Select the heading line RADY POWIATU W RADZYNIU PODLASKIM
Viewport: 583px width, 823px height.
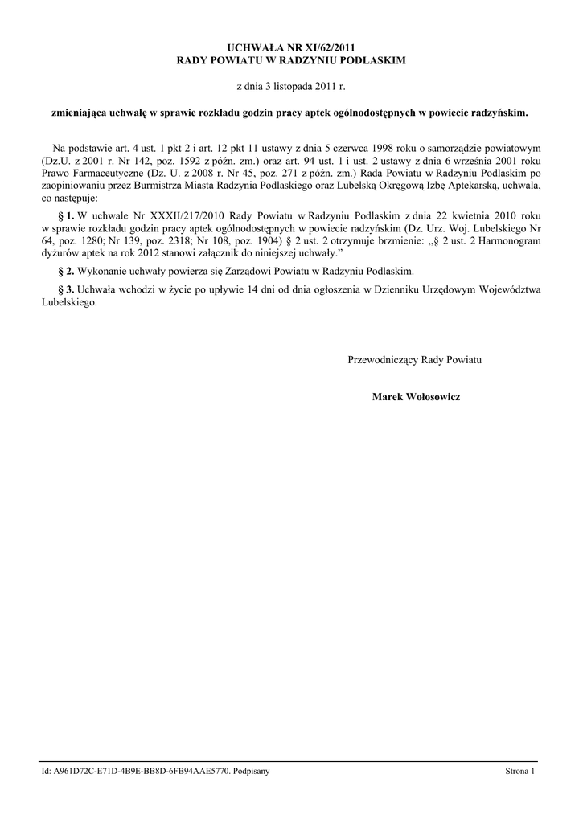click(291, 60)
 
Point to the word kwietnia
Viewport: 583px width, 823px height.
click(461, 216)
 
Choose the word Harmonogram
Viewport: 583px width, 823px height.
click(512, 240)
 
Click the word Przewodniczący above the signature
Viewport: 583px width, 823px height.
click(384, 360)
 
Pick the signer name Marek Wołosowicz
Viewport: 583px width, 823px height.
click(416, 397)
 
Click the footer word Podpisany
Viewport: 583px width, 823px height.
click(251, 772)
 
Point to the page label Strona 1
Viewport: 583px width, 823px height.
click(519, 772)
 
